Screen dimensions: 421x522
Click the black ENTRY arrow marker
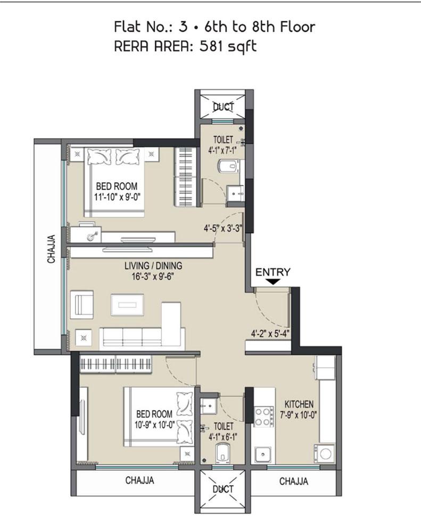[x=273, y=282]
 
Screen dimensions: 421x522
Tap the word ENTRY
[x=273, y=272]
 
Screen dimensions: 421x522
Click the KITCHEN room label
[x=299, y=404]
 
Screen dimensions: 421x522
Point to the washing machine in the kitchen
[x=324, y=453]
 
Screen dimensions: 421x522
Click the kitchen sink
[x=263, y=455]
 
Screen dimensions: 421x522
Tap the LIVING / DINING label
[x=153, y=266]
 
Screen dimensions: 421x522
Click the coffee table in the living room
[x=127, y=305]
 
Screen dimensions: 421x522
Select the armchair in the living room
[x=82, y=305]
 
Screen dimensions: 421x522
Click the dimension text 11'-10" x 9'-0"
[x=117, y=197]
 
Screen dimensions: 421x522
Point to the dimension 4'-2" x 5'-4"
[x=270, y=333]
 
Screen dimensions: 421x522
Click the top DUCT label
[x=223, y=107]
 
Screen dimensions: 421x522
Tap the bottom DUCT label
[x=223, y=489]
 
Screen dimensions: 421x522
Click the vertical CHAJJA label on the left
[x=51, y=249]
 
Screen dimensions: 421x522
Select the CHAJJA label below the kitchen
[x=294, y=481]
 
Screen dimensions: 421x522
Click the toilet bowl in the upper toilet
[x=228, y=166]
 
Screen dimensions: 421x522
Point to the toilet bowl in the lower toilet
[x=223, y=453]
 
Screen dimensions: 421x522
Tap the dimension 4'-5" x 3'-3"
[x=222, y=229]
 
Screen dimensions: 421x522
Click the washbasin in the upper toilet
[x=235, y=193]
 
